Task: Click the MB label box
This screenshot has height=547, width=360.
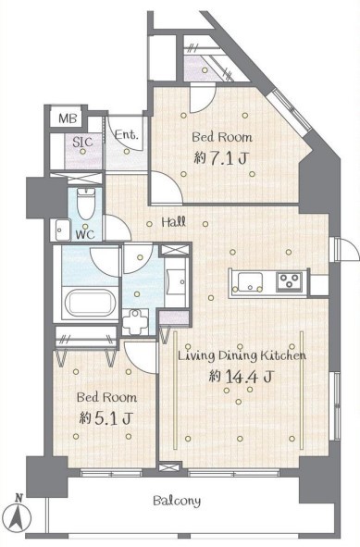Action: [68, 118]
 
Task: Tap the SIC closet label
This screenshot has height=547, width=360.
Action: [82, 142]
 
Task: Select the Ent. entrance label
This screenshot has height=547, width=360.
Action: [127, 134]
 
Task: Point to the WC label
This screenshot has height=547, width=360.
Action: [85, 234]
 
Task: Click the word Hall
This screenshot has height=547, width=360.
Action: [174, 222]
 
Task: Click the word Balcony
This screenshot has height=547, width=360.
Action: [177, 501]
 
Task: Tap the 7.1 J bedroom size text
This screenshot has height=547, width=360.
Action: [221, 159]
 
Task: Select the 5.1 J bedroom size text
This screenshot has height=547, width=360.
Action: [106, 418]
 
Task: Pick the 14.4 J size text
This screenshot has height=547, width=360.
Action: [241, 376]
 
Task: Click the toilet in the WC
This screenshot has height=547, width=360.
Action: [85, 204]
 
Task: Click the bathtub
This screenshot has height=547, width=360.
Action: [90, 303]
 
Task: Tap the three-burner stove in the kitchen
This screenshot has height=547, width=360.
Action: [289, 280]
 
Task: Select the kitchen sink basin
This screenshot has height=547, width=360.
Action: [250, 281]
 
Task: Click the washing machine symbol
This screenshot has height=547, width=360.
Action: [136, 321]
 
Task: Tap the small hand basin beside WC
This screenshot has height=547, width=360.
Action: [63, 230]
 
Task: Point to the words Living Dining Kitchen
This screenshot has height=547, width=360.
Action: [242, 356]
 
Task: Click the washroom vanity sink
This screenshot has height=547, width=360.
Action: [176, 281]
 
